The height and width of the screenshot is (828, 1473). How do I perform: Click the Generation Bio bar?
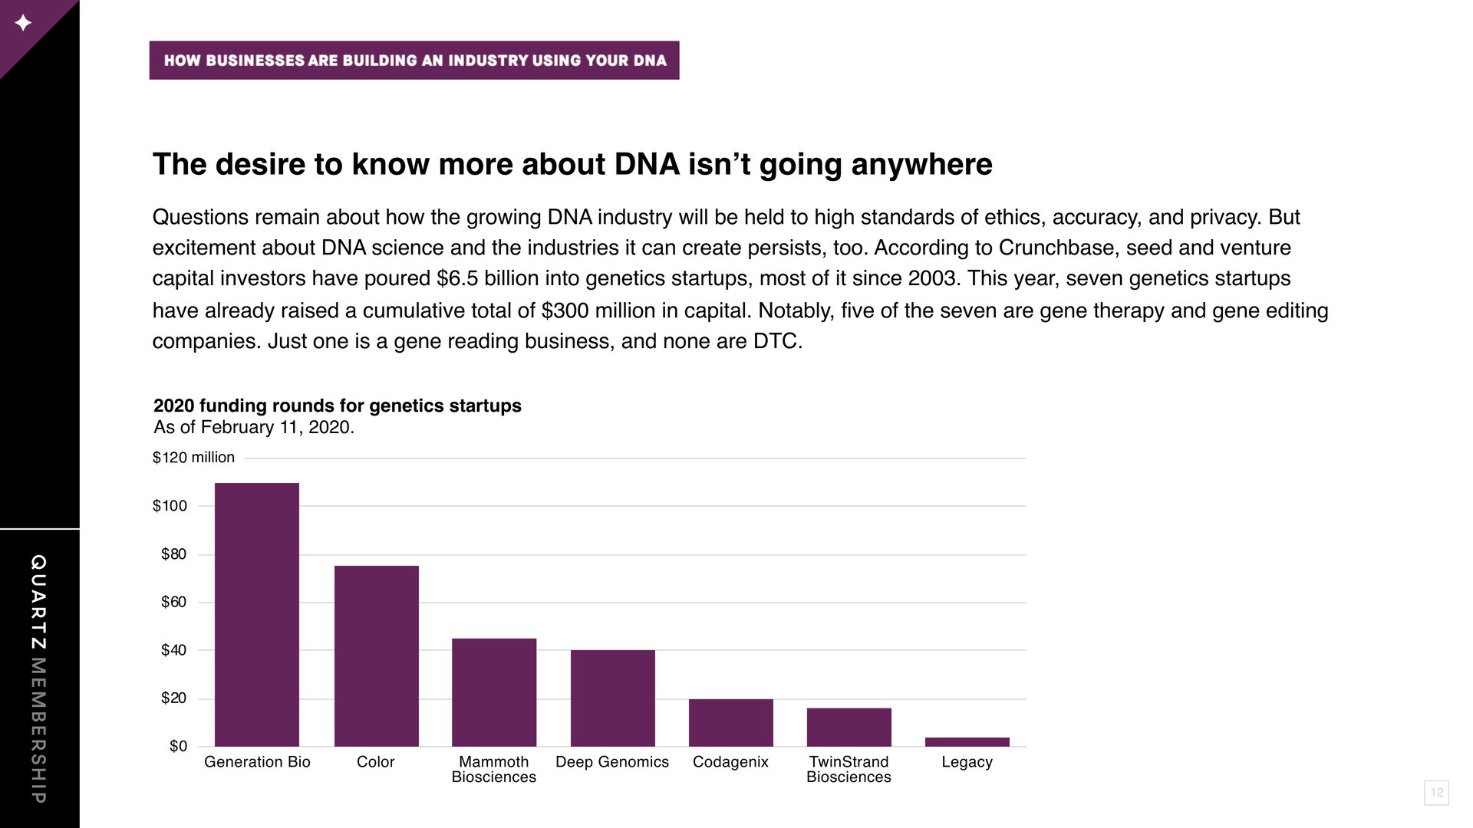[257, 614]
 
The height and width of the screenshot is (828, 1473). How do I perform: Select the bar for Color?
[377, 655]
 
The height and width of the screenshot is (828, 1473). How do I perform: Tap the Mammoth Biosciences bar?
[494, 692]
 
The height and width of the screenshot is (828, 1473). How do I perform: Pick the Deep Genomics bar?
[613, 698]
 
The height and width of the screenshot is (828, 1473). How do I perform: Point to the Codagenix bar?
[731, 722]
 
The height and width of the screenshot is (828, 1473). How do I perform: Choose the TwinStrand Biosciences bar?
[849, 727]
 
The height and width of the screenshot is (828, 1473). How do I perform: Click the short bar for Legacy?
[967, 741]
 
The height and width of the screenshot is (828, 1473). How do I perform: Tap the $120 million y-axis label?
[193, 458]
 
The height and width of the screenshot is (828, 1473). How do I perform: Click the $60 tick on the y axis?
[173, 602]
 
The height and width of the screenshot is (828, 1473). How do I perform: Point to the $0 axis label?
[178, 746]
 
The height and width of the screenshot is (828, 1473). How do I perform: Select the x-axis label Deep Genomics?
[612, 762]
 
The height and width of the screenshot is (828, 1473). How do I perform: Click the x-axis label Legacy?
[967, 762]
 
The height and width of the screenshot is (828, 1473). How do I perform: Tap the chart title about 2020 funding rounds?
[338, 406]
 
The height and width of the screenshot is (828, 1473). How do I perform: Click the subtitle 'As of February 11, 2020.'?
[254, 427]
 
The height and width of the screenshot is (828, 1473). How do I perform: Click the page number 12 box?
[1437, 792]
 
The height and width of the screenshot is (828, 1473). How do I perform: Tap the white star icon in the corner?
[23, 23]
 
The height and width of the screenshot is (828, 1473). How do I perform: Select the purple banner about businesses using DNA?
[414, 61]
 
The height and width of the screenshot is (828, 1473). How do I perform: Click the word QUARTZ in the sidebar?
[38, 603]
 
